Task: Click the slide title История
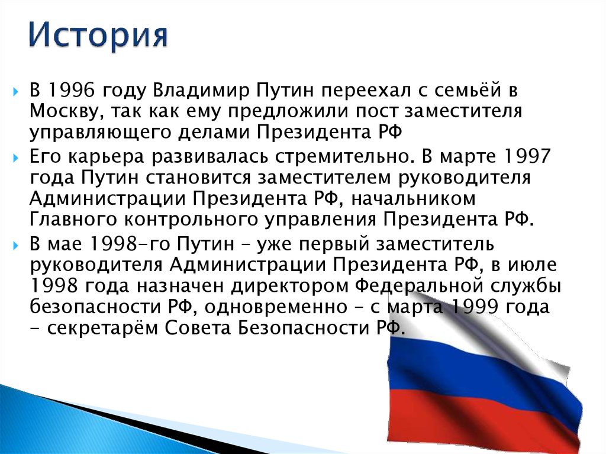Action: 98,36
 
